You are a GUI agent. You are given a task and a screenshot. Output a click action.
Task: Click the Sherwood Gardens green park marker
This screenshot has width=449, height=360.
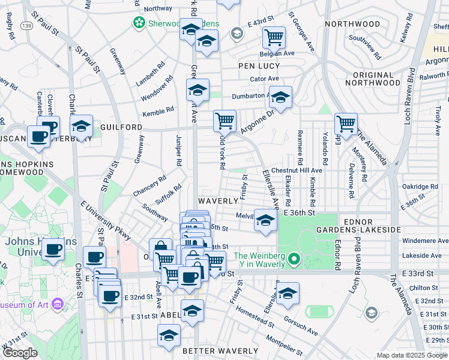pos(139,23)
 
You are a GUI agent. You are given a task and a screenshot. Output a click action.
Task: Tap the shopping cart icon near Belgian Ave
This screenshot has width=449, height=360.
pos(274,37)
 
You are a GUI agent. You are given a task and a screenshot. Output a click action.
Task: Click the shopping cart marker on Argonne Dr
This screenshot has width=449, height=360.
pos(224,120)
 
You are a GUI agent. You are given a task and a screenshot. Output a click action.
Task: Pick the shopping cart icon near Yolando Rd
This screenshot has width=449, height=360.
pos(346,124)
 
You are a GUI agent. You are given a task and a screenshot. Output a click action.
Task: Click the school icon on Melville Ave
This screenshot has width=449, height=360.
pos(265,220)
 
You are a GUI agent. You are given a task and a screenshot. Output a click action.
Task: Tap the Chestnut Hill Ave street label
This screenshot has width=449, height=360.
pos(297,170)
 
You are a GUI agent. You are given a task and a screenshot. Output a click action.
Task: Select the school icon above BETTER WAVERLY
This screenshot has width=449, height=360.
pos(169,335)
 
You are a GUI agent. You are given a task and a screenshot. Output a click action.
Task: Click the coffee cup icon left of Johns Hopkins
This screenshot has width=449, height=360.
pos(39,135)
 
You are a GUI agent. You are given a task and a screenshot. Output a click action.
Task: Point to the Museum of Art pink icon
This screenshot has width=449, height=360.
pos(58,304)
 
